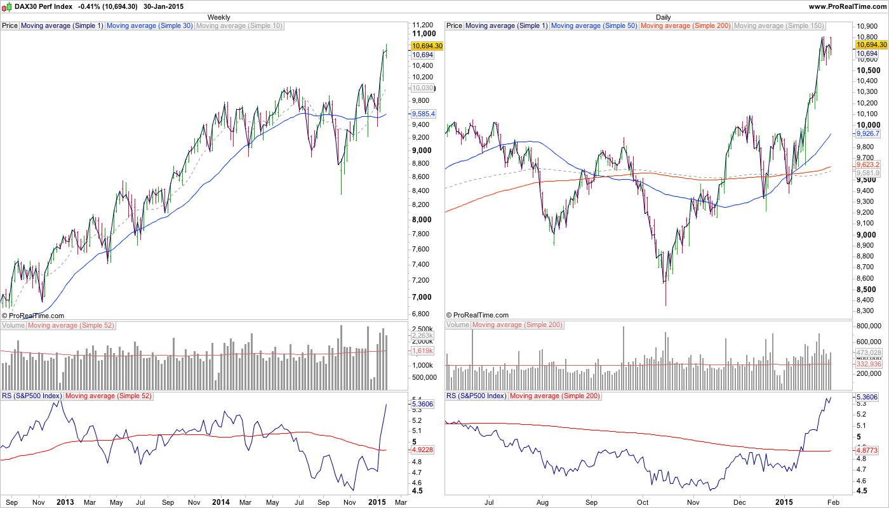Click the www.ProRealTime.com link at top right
[x=847, y=6]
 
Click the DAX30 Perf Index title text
[x=39, y=6]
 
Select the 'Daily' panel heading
[x=664, y=17]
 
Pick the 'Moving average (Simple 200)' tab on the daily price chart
[x=686, y=26]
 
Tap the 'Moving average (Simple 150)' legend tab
[x=779, y=26]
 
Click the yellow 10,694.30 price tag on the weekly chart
[x=427, y=46]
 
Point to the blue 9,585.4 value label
[x=423, y=114]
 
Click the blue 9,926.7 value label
[x=867, y=134]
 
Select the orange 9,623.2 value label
[x=867, y=164]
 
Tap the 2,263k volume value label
[x=422, y=335]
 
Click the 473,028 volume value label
[x=869, y=352]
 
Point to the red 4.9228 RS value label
[x=422, y=450]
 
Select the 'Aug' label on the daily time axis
[x=542, y=502]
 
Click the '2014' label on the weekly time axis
[x=220, y=502]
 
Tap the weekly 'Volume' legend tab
[x=13, y=325]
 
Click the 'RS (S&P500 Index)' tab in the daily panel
[x=476, y=396]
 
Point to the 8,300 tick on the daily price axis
[x=867, y=311]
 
